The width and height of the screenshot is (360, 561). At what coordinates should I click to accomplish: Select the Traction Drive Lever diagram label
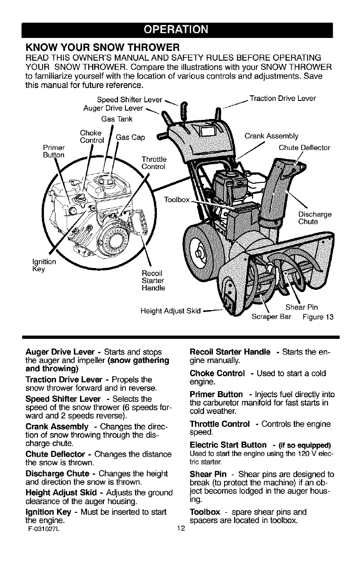point(283,98)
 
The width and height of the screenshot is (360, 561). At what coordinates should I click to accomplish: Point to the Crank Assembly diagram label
point(271,136)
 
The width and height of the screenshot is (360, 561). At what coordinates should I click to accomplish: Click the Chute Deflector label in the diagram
point(304,148)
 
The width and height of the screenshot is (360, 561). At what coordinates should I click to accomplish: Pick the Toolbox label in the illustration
point(177,200)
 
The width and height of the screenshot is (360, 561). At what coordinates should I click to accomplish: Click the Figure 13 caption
point(319,317)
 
